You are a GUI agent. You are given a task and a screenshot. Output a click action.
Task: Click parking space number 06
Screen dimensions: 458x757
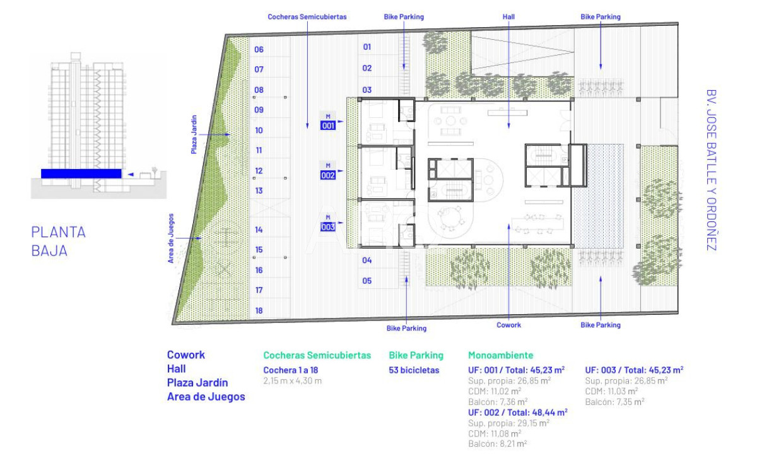(x=259, y=50)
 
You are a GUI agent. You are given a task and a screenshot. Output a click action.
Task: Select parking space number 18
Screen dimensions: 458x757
(x=259, y=310)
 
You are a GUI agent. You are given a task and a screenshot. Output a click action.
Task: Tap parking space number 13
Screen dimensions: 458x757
(x=259, y=191)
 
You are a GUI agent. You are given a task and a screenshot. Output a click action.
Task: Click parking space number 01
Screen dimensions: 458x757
(x=367, y=47)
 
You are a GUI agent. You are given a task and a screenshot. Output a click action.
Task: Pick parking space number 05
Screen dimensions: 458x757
(x=367, y=281)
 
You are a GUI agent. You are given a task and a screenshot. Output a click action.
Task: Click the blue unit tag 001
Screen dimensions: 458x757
(x=328, y=126)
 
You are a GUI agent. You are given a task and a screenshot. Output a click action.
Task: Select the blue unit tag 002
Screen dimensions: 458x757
(x=328, y=176)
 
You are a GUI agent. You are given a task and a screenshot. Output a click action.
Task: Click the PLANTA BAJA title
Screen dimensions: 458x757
(x=59, y=242)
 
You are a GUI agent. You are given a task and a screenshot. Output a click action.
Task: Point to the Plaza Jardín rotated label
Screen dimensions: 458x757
(x=194, y=134)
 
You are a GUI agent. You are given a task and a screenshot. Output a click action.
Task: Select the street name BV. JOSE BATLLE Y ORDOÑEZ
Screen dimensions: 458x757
(x=712, y=169)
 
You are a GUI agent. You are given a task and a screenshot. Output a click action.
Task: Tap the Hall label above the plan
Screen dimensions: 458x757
(x=509, y=17)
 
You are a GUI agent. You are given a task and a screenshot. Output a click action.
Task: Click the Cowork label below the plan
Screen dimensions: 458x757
(x=509, y=326)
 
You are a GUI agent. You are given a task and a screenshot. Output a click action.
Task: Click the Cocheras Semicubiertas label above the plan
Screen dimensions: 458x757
(x=307, y=17)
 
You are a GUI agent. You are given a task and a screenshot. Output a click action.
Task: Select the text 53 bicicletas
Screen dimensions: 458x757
(x=414, y=370)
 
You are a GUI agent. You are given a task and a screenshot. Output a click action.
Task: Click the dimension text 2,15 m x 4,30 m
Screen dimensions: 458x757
(x=293, y=381)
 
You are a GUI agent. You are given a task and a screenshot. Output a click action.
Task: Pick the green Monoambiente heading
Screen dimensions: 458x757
(x=500, y=356)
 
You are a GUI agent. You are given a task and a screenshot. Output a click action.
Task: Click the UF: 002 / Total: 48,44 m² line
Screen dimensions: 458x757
(x=517, y=412)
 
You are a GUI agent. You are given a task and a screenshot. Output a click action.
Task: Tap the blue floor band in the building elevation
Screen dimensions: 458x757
(x=81, y=173)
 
